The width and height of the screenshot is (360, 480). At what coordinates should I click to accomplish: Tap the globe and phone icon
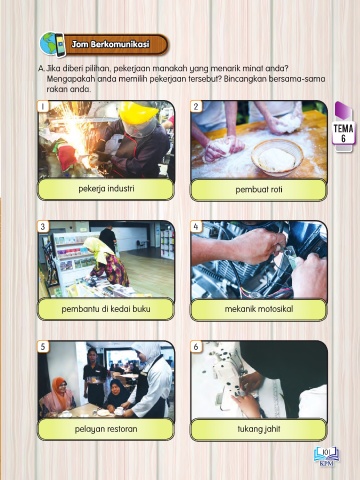[x=52, y=44]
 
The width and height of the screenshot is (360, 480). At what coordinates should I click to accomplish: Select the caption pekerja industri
[x=106, y=189]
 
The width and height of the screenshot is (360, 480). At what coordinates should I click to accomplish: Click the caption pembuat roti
[x=259, y=189]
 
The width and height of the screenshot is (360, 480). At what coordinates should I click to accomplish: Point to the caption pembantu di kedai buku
[x=106, y=309]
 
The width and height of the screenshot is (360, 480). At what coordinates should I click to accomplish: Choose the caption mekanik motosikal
[x=259, y=309]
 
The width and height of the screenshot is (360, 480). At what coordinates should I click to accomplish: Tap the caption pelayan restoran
[x=106, y=429]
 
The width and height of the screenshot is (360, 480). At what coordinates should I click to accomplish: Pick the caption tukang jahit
[x=259, y=429]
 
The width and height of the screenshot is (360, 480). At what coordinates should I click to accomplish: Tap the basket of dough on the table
[x=277, y=157]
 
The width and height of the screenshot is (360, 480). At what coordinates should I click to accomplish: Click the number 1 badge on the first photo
[x=43, y=106]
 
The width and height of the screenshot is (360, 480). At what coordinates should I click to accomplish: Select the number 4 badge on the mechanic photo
[x=196, y=227]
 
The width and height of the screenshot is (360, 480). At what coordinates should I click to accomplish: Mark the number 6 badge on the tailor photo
[x=196, y=347]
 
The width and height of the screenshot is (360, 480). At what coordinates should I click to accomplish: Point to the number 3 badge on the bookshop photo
[x=43, y=227]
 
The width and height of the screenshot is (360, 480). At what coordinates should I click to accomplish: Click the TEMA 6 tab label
[x=343, y=133]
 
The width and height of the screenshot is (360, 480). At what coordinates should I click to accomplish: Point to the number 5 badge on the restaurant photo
[x=43, y=347]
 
